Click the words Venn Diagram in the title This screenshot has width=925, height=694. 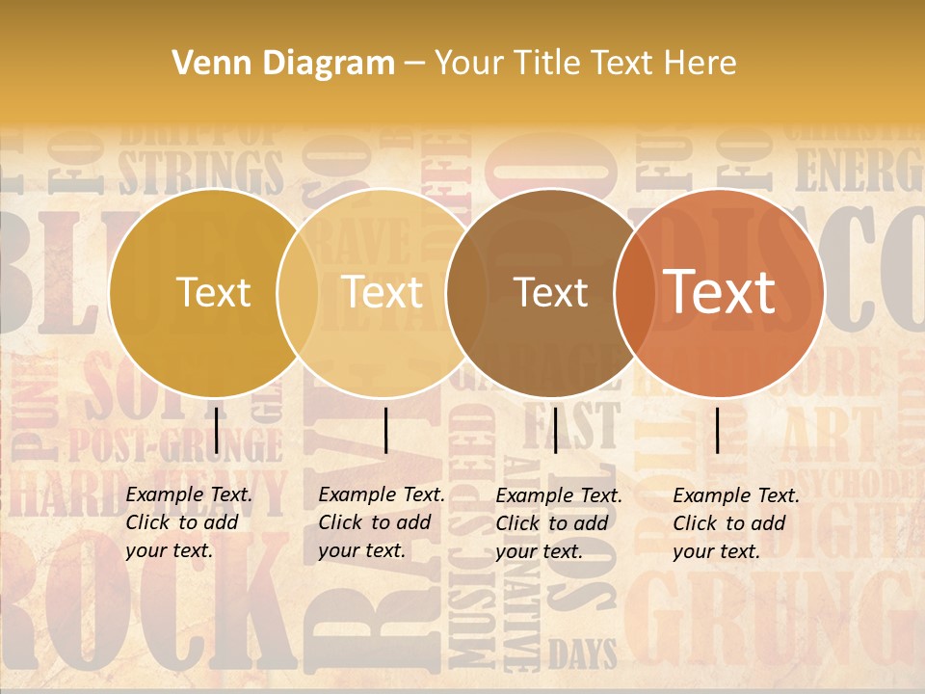pyautogui.click(x=283, y=64)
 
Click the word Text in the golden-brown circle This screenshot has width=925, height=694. pyautogui.click(x=214, y=292)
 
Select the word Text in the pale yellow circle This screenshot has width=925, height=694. pyautogui.click(x=382, y=292)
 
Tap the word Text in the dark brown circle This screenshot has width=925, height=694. pyautogui.click(x=550, y=292)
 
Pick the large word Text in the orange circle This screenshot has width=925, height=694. pyautogui.click(x=719, y=291)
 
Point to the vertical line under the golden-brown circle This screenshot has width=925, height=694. pyautogui.click(x=216, y=430)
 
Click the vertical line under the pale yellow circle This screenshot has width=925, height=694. pyautogui.click(x=385, y=430)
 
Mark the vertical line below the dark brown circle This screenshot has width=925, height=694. pyautogui.click(x=555, y=430)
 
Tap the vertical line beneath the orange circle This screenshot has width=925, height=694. pyautogui.click(x=717, y=430)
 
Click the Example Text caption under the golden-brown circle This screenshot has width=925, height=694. pyautogui.click(x=189, y=522)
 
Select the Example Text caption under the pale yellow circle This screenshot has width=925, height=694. pyautogui.click(x=382, y=522)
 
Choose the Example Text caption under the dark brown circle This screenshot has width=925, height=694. pyautogui.click(x=559, y=522)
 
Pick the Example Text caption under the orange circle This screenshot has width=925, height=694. pyautogui.click(x=736, y=522)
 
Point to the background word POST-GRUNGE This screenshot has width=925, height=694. pyautogui.click(x=173, y=445)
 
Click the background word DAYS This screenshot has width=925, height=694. pyautogui.click(x=583, y=655)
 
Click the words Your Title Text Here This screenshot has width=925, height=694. pyautogui.click(x=585, y=64)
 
